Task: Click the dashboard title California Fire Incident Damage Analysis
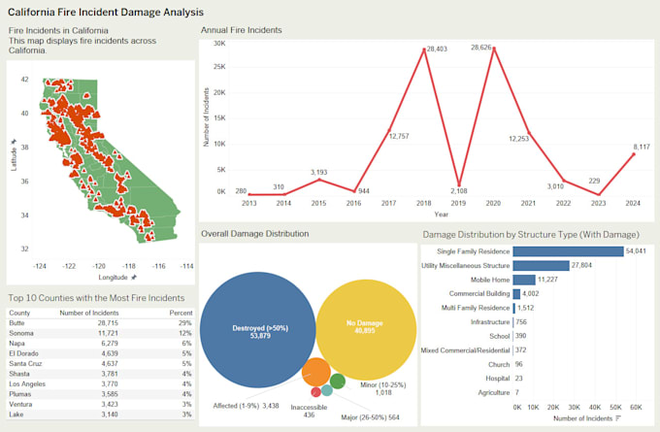[x=106, y=13]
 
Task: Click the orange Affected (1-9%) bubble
[x=315, y=373]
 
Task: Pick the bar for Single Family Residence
[x=568, y=250]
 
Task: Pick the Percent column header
[x=180, y=312]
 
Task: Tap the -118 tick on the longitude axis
[x=128, y=265]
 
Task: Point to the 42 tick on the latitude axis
[x=24, y=80]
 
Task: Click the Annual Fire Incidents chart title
[x=241, y=30]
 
